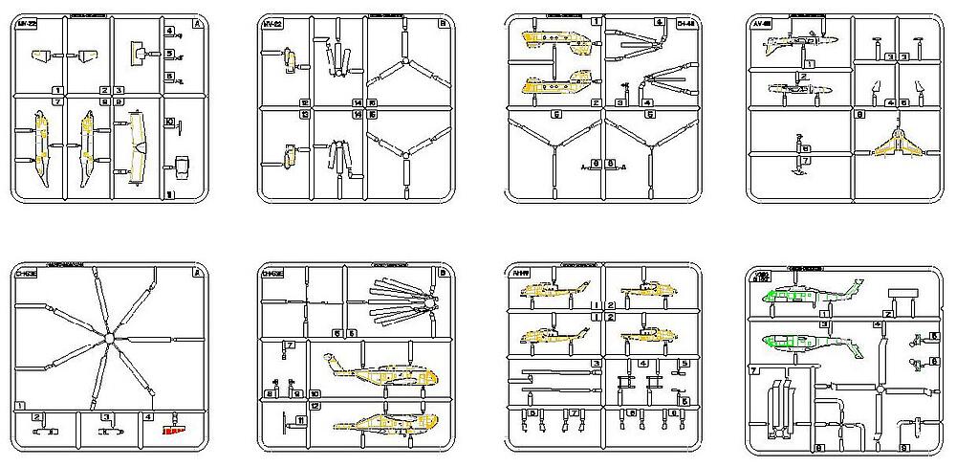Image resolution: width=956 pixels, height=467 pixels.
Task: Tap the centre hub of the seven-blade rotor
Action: (111, 338)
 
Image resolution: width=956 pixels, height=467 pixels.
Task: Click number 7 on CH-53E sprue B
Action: (290, 345)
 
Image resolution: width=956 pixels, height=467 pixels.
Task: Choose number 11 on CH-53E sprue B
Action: (300, 419)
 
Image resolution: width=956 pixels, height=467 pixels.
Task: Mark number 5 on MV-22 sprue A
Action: (169, 54)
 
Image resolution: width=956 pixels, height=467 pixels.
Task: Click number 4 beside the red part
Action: (148, 416)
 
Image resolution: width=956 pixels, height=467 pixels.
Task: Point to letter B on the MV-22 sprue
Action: (443, 22)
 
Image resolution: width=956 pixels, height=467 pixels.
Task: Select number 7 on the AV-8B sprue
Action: (807, 161)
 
